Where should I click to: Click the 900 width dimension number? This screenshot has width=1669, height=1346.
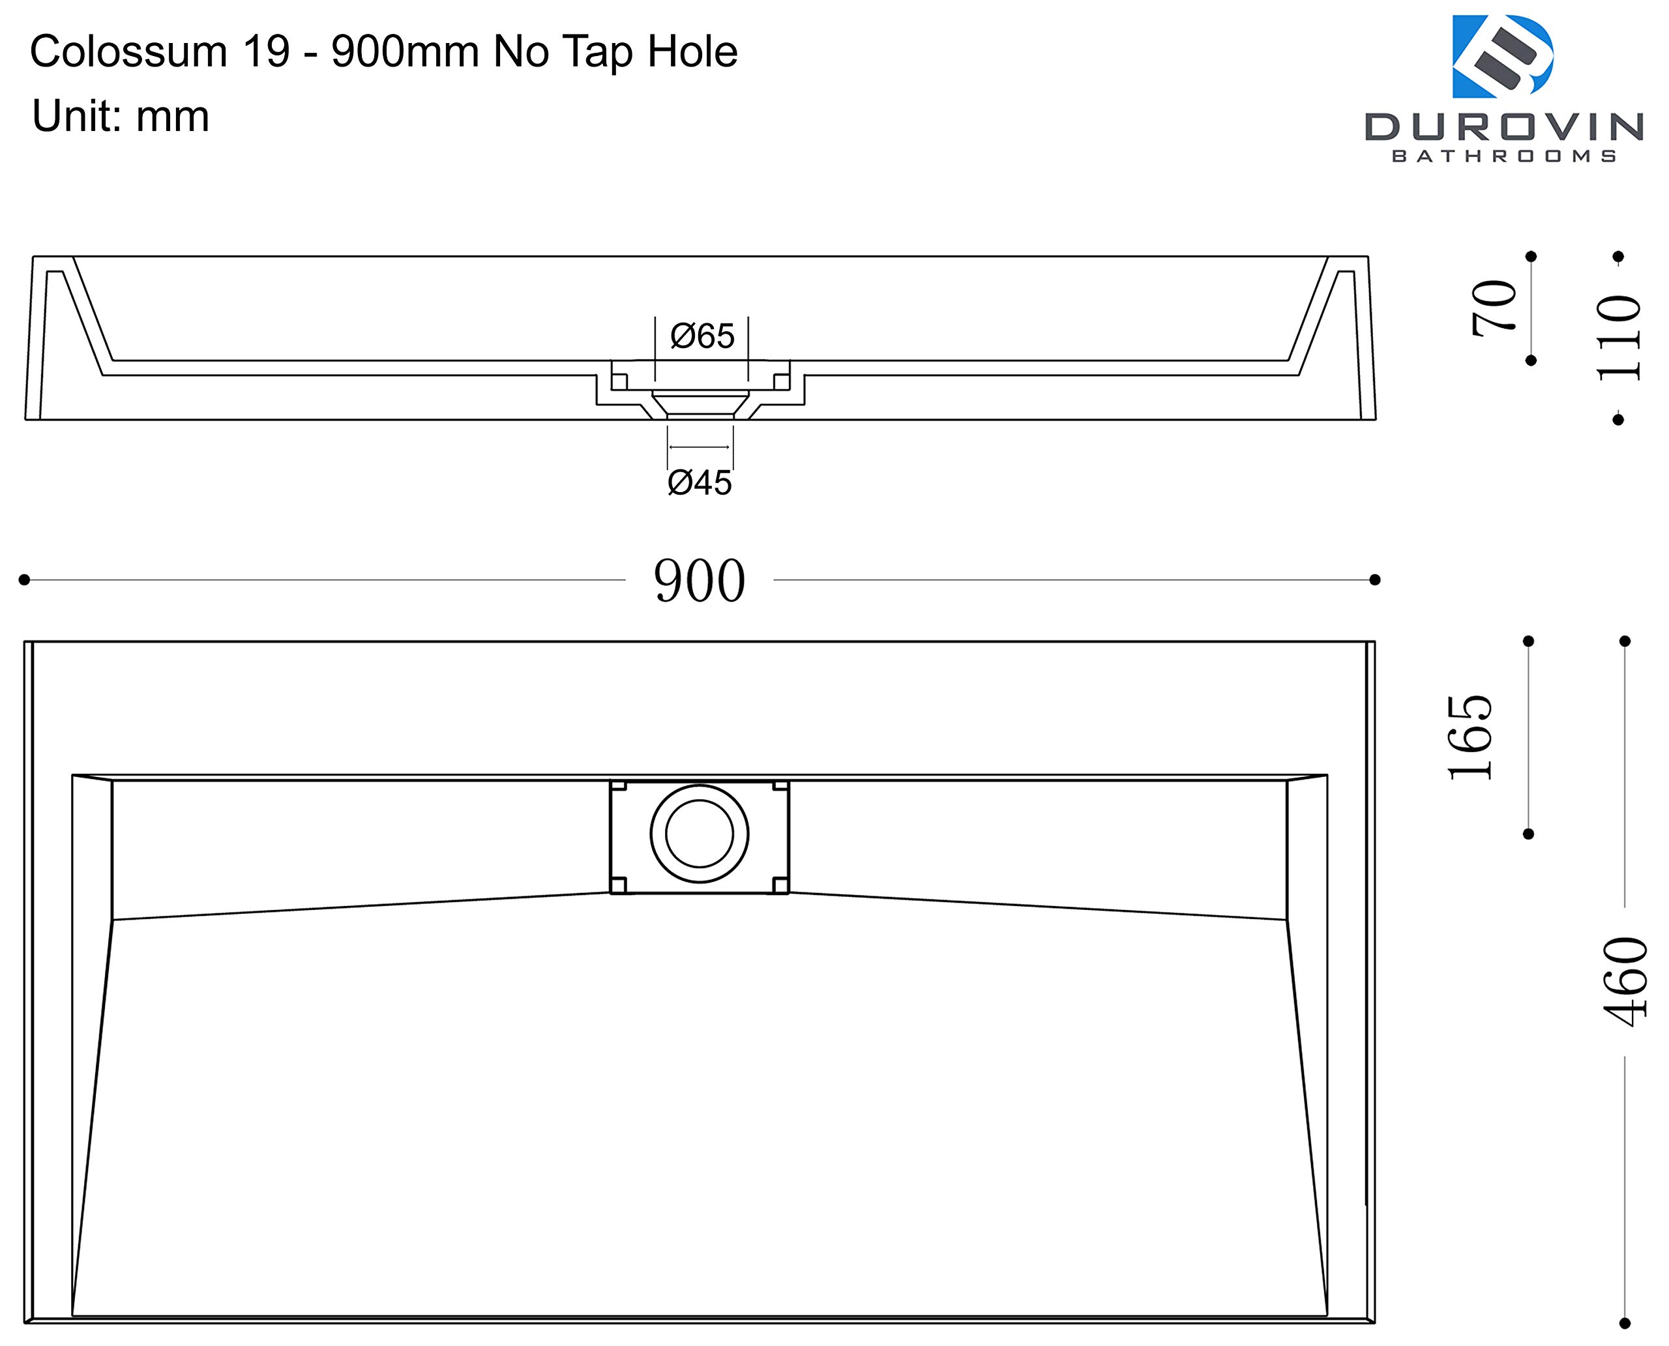click(x=700, y=581)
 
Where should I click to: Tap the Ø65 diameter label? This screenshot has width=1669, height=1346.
click(x=702, y=336)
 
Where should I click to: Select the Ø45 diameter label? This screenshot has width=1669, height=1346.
click(x=700, y=482)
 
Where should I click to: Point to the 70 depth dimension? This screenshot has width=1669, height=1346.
click(x=1494, y=308)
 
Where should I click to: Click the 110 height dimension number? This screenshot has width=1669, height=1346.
click(x=1619, y=338)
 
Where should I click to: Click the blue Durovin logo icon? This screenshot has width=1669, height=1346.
click(x=1502, y=57)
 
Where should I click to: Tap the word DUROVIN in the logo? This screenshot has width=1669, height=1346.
click(x=1504, y=127)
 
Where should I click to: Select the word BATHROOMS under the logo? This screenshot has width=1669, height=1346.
click(x=1504, y=156)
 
